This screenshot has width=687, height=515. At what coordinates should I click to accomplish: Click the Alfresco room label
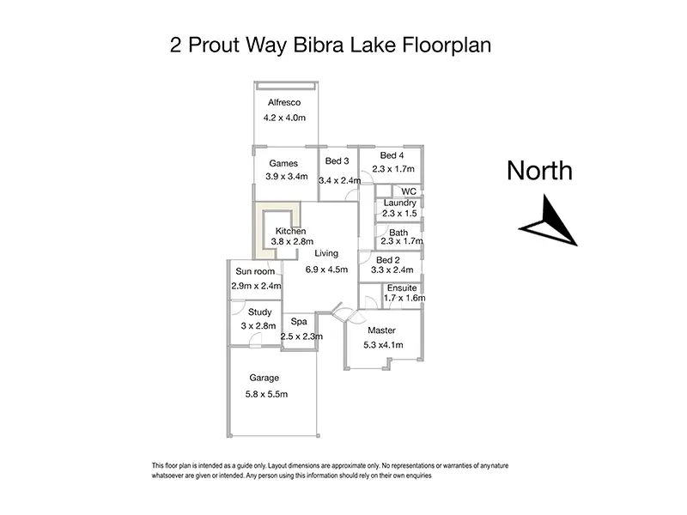coord(284,102)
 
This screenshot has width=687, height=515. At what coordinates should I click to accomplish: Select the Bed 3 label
coord(337,161)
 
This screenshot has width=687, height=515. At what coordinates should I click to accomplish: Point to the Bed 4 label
coord(392,155)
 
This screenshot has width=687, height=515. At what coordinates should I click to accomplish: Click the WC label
coord(409,191)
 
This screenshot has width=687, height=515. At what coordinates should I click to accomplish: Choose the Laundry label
coord(399,203)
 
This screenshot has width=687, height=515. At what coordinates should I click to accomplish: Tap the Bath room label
coord(398,233)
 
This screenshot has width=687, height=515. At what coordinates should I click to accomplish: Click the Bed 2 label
coord(388,259)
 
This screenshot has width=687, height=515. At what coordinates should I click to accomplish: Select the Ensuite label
coord(403,288)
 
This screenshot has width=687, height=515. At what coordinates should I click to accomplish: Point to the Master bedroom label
coord(381,330)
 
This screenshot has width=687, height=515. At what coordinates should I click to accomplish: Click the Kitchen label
coord(290,232)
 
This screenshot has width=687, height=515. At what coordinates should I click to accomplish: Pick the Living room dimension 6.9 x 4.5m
coord(326,269)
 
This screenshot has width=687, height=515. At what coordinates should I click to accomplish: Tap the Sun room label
coord(255,271)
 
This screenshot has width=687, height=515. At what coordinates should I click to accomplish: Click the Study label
coord(259,312)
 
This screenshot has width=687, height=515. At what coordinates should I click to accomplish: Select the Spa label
coord(299,322)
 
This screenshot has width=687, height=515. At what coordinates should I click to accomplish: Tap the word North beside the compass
coord(539,170)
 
